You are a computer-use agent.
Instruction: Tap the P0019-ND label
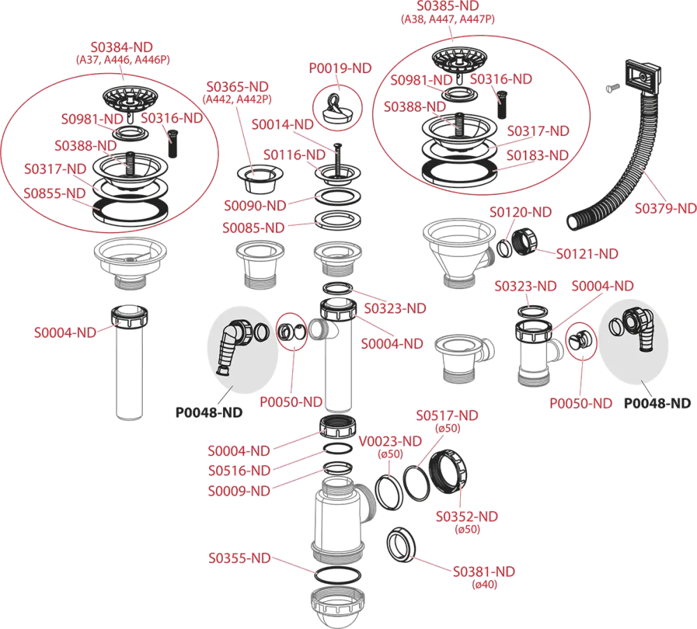pos(341,68)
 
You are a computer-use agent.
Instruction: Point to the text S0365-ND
pos(238,86)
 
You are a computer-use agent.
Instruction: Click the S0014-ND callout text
pos(282,125)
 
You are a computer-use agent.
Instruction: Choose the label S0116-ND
pos(294,155)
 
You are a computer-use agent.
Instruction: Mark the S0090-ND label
pos(254,205)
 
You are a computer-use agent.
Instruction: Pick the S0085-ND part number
pos(254,228)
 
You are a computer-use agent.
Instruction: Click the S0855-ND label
pos(55,192)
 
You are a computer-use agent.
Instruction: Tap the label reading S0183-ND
pos(538,155)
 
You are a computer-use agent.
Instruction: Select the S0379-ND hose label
pos(665,208)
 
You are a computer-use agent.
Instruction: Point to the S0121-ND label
pos(586,254)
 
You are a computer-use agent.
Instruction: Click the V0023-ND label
pos(391,442)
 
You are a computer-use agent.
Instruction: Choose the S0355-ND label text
pos(239,559)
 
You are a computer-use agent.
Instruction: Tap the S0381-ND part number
pos(484,572)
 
